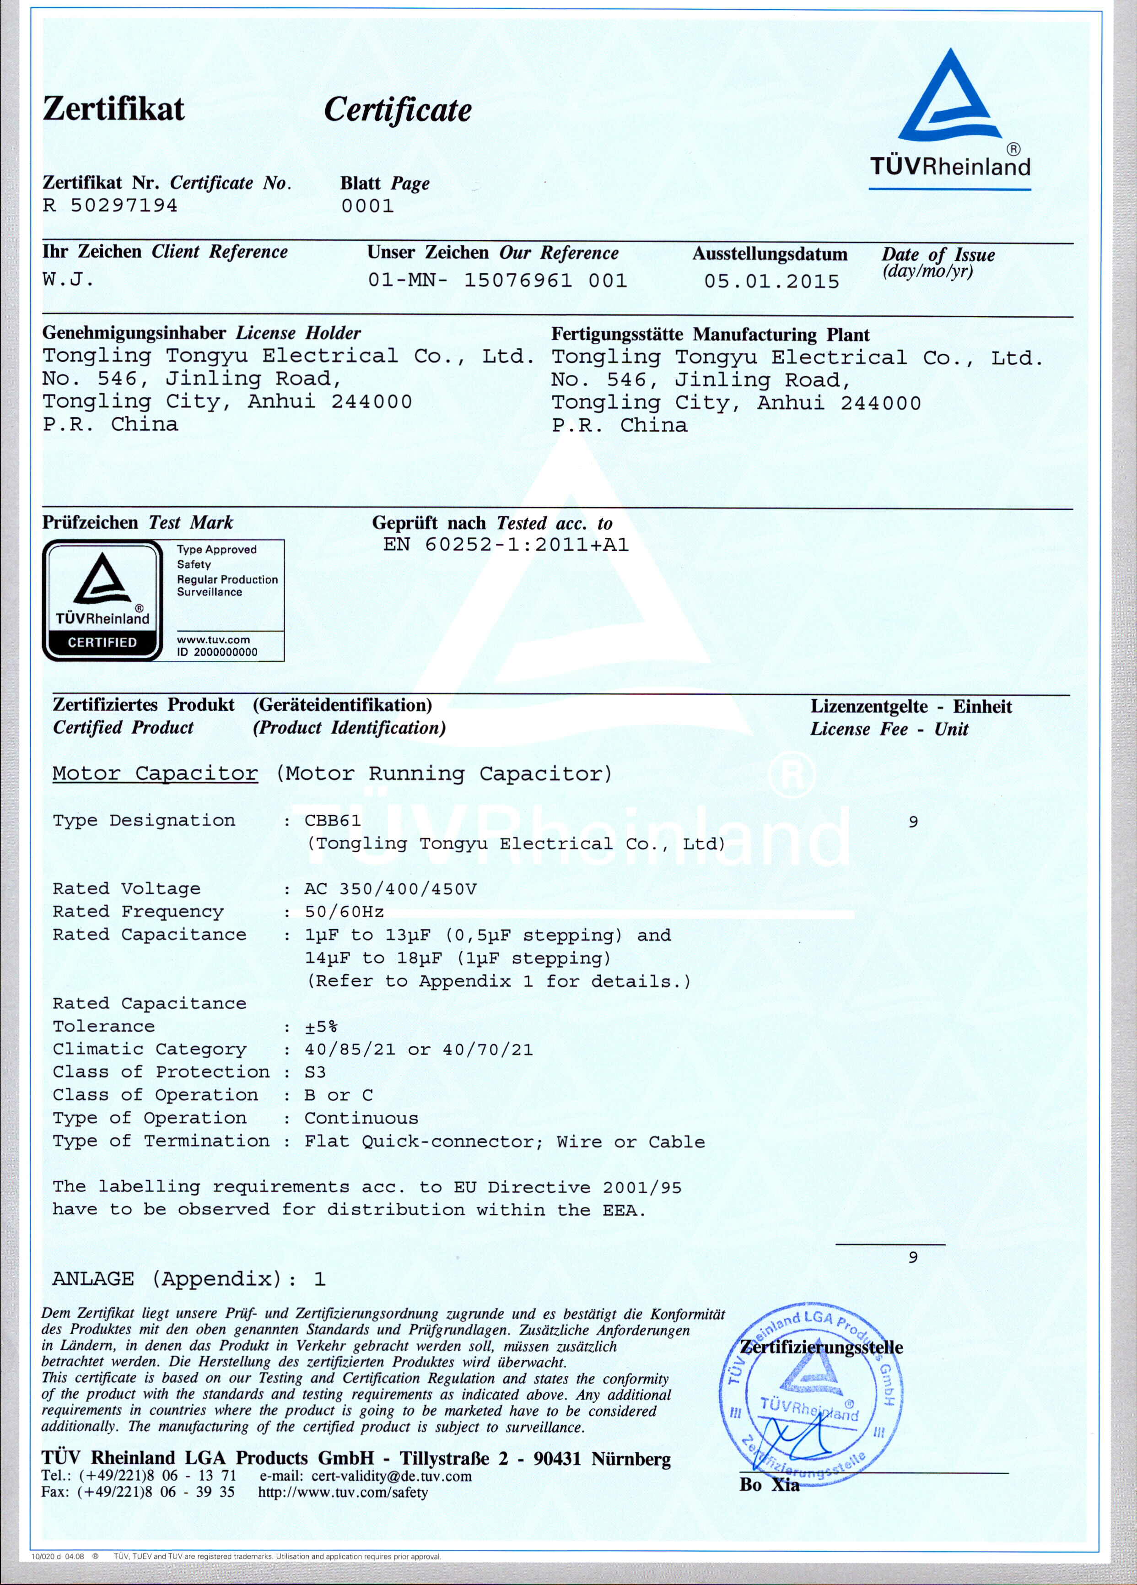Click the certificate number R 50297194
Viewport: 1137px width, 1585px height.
110,206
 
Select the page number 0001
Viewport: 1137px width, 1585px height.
367,206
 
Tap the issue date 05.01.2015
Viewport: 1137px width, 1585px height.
771,281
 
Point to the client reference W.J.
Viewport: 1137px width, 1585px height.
68,280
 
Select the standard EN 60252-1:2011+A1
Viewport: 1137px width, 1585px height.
506,545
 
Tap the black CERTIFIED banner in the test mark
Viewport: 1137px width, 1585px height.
102,642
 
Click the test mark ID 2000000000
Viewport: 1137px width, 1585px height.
216,652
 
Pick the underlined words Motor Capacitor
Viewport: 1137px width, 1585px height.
155,774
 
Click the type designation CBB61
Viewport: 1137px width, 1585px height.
333,821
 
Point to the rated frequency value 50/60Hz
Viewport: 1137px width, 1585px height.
344,912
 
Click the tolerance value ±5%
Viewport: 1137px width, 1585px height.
322,1027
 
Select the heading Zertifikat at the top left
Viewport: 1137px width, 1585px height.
114,109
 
